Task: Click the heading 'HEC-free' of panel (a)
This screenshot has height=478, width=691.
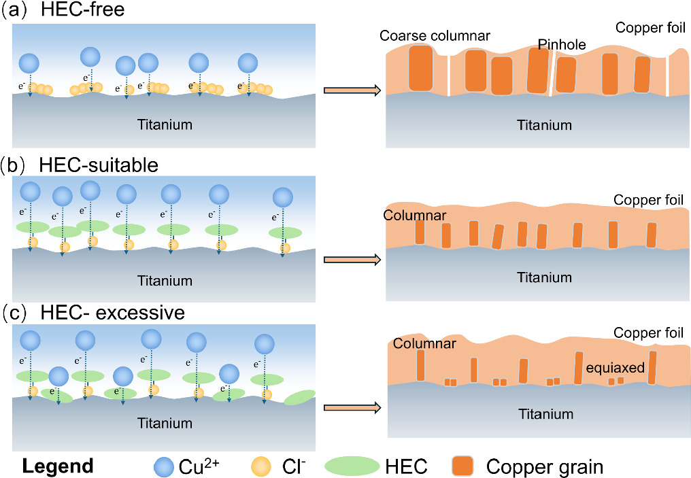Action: pyautogui.click(x=88, y=12)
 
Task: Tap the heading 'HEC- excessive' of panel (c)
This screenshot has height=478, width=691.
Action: pyautogui.click(x=112, y=313)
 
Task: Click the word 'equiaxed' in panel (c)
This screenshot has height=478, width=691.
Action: pyautogui.click(x=616, y=368)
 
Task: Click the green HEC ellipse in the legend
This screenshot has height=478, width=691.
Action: pyautogui.click(x=351, y=466)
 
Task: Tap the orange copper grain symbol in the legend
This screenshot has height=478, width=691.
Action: pyautogui.click(x=463, y=466)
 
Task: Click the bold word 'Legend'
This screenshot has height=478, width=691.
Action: pyautogui.click(x=58, y=466)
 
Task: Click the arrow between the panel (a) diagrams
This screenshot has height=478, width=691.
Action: pyautogui.click(x=351, y=90)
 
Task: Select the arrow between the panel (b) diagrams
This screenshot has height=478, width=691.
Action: pyautogui.click(x=351, y=258)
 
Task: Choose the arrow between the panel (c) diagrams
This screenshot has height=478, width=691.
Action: pyautogui.click(x=351, y=408)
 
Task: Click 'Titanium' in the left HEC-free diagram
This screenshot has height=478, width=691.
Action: pyautogui.click(x=165, y=124)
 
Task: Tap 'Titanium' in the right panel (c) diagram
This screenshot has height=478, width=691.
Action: pyautogui.click(x=545, y=414)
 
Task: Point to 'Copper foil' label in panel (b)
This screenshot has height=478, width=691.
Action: pyautogui.click(x=647, y=200)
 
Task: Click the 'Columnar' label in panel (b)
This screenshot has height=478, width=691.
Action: pyautogui.click(x=413, y=216)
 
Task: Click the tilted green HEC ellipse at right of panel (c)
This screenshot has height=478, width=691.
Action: pyautogui.click(x=299, y=397)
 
